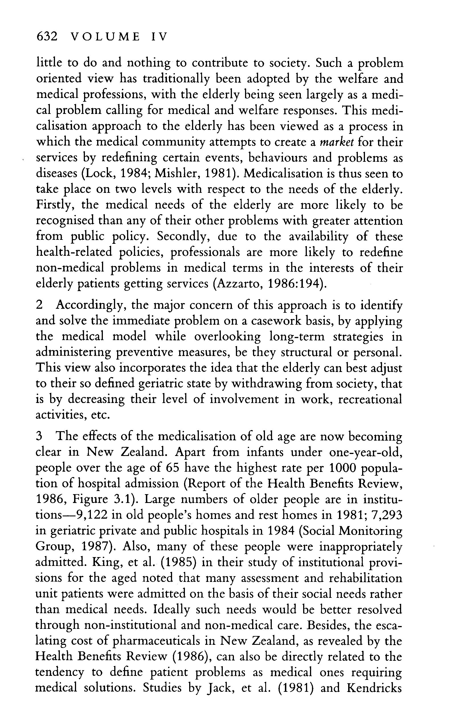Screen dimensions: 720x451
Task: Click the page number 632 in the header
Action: coord(46,37)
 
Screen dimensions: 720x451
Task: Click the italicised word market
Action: coord(336,142)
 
